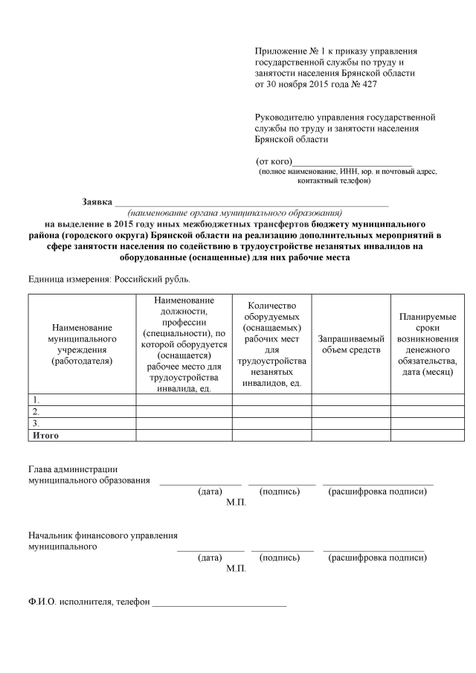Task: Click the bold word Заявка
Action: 97,202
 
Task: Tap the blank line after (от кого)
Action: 353,161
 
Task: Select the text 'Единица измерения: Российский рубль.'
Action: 109,280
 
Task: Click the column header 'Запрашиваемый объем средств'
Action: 351,344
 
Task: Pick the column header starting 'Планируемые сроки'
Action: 428,344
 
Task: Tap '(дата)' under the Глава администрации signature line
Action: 210,492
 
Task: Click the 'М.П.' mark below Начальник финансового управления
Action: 236,568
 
